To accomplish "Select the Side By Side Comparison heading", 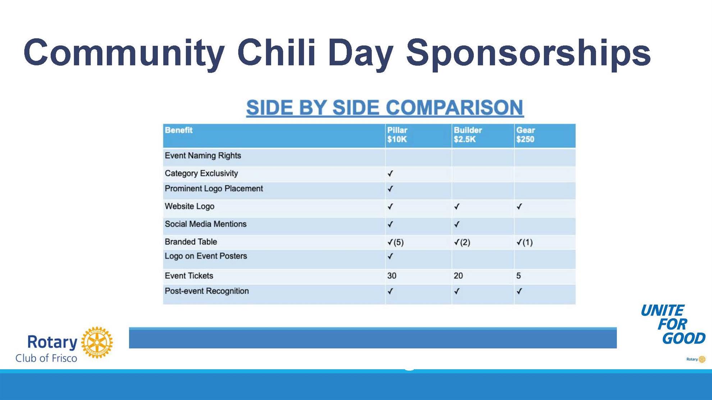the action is [x=385, y=107].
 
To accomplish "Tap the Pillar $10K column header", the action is [x=397, y=135].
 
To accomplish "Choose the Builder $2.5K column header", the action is [x=467, y=135].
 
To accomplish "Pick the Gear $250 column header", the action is [x=525, y=135].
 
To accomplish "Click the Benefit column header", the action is [x=179, y=130].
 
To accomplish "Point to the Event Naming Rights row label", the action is [x=203, y=156].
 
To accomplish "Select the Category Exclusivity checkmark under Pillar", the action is [x=390, y=174].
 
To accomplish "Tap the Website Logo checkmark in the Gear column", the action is [x=519, y=207].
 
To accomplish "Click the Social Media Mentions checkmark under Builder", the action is [x=457, y=224].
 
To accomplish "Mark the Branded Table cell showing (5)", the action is [x=396, y=242].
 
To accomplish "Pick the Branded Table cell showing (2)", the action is [x=462, y=242].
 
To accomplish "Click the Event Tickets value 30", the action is [x=392, y=276].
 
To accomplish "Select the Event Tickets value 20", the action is [x=458, y=276].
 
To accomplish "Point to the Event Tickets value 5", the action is [x=519, y=276].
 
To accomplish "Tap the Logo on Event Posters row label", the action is [x=206, y=256].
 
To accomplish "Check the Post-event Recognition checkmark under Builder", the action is [x=457, y=291].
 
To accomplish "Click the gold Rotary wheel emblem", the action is [x=97, y=342].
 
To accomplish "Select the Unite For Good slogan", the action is [x=673, y=325].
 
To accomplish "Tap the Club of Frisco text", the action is [x=46, y=358].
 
